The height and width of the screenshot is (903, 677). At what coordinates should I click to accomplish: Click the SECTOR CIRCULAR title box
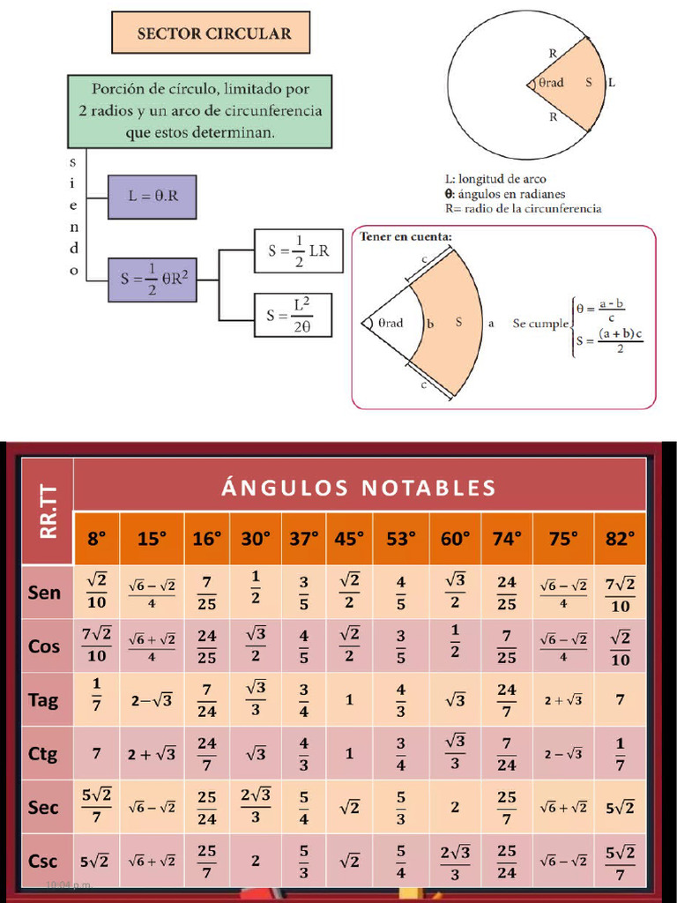tap(211, 34)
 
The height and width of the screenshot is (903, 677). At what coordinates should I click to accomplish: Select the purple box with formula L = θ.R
tap(153, 197)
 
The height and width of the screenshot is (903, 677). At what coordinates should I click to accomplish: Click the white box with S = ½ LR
tap(299, 250)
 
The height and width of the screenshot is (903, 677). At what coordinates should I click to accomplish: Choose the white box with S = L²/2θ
tap(299, 315)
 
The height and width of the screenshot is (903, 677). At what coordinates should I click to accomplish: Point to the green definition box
tap(200, 111)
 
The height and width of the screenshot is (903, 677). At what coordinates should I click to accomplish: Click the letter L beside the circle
tap(612, 83)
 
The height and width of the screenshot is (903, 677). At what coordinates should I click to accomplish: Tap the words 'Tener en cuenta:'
tap(406, 236)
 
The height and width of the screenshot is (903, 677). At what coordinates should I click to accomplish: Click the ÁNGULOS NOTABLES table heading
tap(359, 488)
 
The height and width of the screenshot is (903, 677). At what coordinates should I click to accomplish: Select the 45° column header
tap(349, 539)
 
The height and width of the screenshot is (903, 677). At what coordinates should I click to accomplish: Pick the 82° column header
tap(620, 539)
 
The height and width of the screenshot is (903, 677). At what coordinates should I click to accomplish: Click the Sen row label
tap(44, 592)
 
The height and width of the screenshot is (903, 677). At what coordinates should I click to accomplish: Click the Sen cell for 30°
tap(256, 592)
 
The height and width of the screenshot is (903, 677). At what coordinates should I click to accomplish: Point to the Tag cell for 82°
tap(620, 699)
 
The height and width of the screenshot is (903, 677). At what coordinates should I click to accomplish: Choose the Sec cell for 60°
tap(455, 807)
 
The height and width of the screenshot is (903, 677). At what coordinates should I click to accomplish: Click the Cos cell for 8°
tap(96, 646)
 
